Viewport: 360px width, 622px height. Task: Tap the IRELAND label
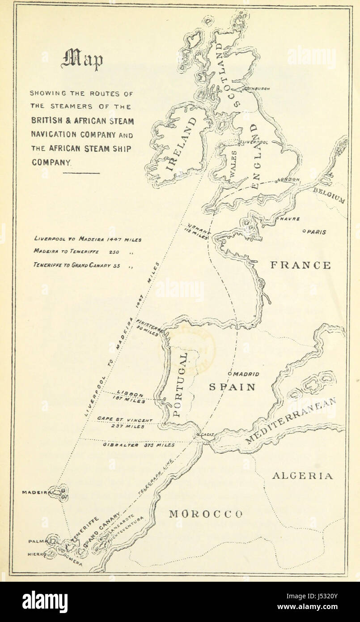(x=181, y=145)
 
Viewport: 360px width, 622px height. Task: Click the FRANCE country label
(x=301, y=265)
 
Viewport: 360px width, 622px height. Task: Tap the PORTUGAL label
(x=180, y=384)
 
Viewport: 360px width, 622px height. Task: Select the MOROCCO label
(x=205, y=514)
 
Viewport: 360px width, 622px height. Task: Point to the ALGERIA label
(x=303, y=476)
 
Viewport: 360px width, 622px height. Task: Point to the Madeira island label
(x=36, y=492)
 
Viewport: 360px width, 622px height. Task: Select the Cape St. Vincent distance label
(x=125, y=423)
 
